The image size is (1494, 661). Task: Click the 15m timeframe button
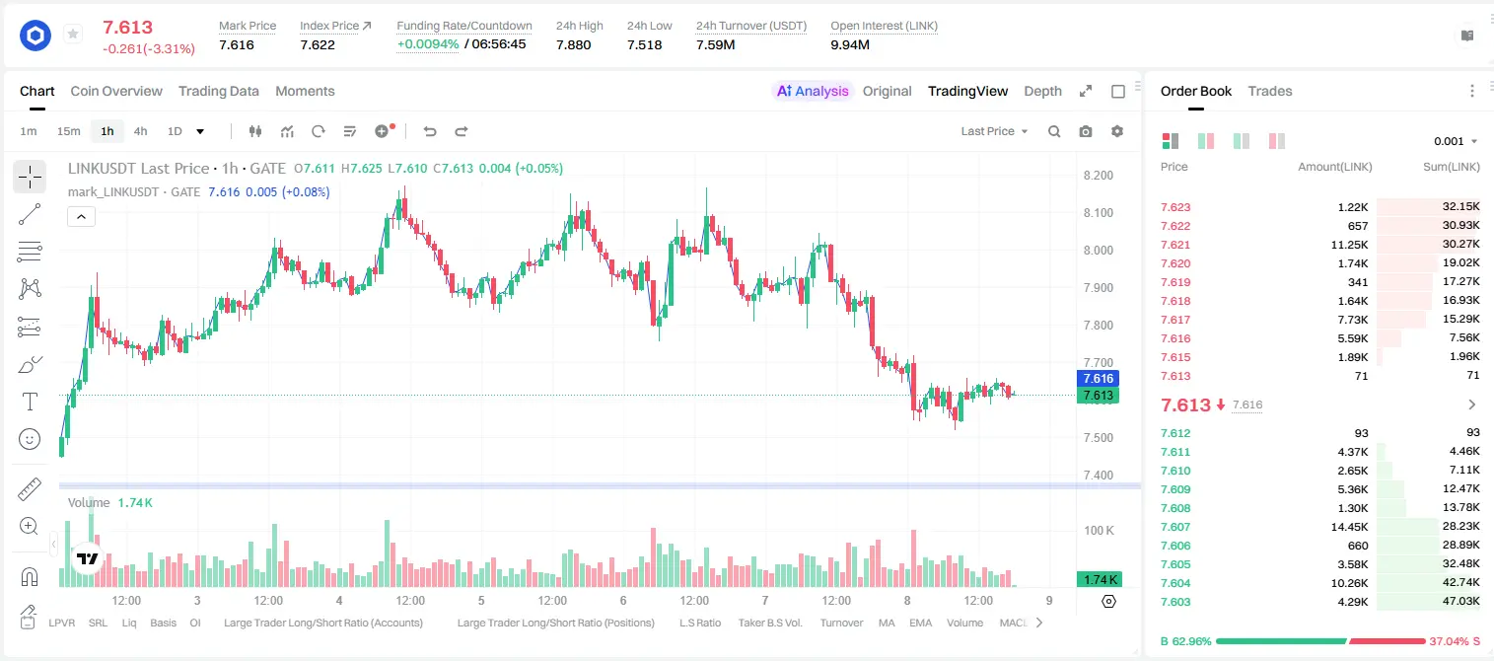coord(68,131)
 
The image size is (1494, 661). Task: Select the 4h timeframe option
coord(140,131)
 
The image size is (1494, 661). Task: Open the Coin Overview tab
coord(116,91)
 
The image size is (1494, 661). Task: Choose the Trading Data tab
coord(218,91)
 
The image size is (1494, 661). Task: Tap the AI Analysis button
coord(813,91)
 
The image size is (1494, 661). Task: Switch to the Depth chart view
coord(1042,91)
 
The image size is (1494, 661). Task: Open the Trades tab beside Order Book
coord(1270,91)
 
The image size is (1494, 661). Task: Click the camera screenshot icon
coord(1086,131)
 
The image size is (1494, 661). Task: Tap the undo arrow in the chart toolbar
coord(430,131)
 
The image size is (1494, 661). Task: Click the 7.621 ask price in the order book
coord(1175,245)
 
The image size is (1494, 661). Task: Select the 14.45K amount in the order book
coord(1349,527)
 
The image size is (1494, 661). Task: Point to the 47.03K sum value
coord(1460,601)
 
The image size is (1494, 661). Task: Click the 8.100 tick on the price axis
coord(1098,213)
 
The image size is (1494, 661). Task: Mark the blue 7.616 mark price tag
coord(1098,378)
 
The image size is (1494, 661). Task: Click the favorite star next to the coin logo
coord(73,34)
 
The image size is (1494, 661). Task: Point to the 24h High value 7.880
coord(574,44)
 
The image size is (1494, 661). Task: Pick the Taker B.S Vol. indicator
coord(769,623)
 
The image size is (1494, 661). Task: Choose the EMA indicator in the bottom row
coord(920,623)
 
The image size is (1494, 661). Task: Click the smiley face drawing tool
coord(30,439)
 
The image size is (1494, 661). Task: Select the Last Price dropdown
coord(994,131)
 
